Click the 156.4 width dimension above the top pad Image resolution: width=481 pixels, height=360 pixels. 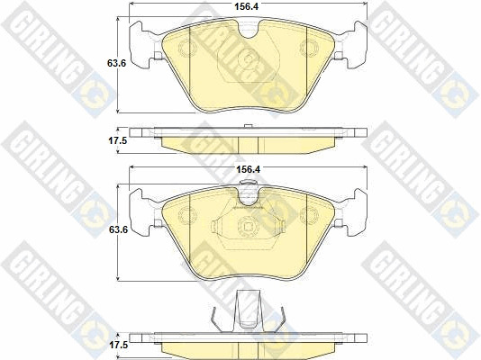(x=246, y=6)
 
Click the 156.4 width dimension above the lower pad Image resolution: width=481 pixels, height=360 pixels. (x=248, y=169)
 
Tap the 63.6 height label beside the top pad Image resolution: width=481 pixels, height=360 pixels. (x=116, y=63)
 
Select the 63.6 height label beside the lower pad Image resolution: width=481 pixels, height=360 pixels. (x=118, y=229)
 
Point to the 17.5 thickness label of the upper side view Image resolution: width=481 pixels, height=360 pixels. (x=117, y=141)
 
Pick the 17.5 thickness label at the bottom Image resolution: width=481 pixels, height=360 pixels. (x=119, y=346)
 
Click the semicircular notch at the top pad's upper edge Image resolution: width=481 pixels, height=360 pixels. (x=249, y=30)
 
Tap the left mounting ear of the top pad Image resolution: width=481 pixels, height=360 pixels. (x=141, y=45)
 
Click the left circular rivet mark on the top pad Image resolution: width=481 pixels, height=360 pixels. (x=187, y=49)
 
